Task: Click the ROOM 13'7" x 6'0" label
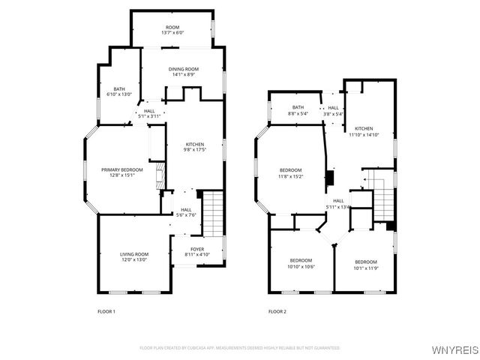[172, 30]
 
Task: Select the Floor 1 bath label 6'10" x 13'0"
[119, 91]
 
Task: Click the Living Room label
[134, 257]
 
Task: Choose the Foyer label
[196, 252]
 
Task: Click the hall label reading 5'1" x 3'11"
[150, 113]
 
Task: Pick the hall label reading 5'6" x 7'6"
[186, 212]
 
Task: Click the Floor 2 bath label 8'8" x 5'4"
[298, 111]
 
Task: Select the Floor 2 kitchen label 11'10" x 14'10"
[364, 132]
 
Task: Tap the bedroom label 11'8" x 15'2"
[291, 172]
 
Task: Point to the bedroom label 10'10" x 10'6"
[301, 263]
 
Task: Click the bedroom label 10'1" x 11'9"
[366, 265]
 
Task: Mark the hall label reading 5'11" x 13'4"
[339, 203]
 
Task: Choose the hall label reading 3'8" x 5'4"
[333, 111]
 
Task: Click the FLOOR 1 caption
[106, 311]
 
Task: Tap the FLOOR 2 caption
[277, 311]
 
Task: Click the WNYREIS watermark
[454, 349]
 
